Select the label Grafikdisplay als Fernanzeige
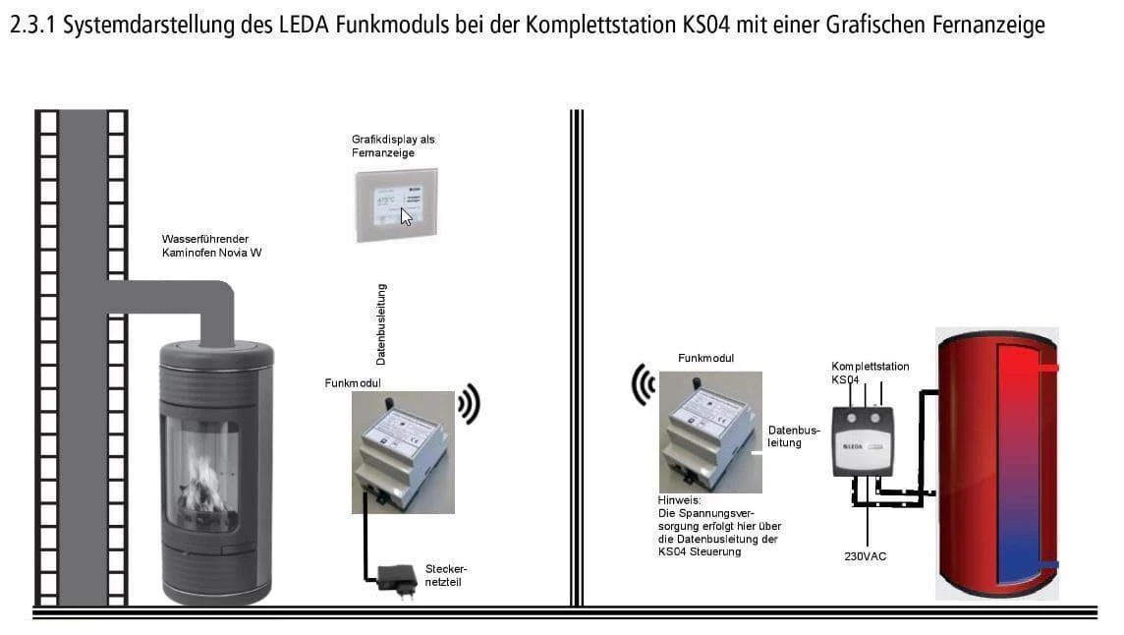[393, 146]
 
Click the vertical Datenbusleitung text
[381, 324]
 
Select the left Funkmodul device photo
[403, 451]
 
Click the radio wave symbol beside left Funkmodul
[470, 404]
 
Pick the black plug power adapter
[397, 576]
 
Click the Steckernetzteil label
[446, 575]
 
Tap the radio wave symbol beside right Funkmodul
[644, 384]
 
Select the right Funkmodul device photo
[710, 432]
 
